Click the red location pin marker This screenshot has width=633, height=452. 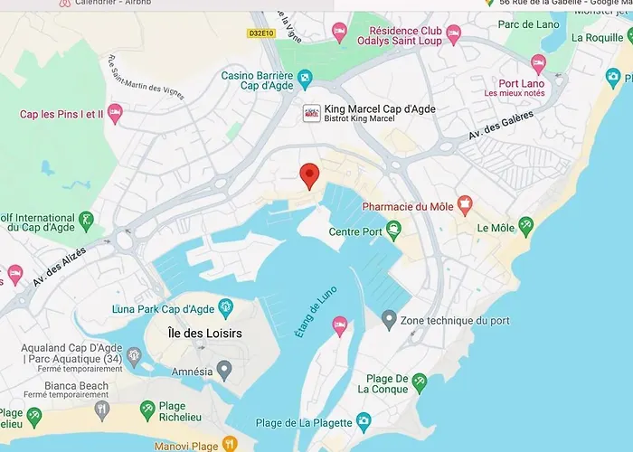[x=309, y=175]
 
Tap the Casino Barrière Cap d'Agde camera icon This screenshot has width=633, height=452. [x=305, y=77]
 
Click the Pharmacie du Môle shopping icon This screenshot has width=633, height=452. [x=464, y=205]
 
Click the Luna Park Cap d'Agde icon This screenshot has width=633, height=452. [x=224, y=307]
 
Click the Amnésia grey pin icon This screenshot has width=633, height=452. [x=225, y=369]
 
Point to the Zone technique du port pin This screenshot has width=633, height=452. [x=388, y=319]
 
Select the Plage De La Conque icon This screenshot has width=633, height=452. [x=420, y=383]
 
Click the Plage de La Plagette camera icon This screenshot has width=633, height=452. [x=363, y=420]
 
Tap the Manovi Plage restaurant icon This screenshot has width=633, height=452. [x=230, y=443]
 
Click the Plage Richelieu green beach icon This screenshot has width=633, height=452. [x=147, y=413]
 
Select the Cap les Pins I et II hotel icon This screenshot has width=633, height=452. [x=114, y=114]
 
